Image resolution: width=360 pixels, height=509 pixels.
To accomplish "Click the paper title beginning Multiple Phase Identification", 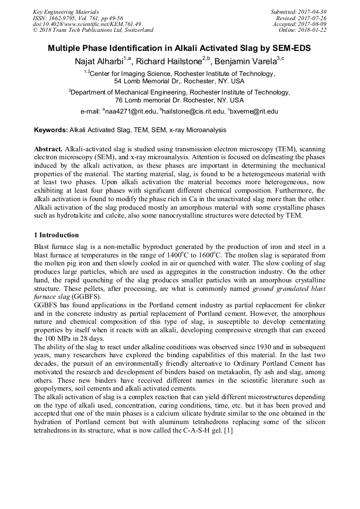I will point(179,48).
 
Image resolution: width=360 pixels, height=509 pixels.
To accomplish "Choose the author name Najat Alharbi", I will point(98,61).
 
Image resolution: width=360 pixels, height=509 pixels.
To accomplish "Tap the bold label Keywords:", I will point(51,130).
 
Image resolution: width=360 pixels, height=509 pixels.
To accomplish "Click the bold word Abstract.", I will point(48,150).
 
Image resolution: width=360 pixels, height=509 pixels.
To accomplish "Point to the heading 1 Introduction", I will point(56,235).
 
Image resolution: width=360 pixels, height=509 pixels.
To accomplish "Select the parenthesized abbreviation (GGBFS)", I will point(83,297).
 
